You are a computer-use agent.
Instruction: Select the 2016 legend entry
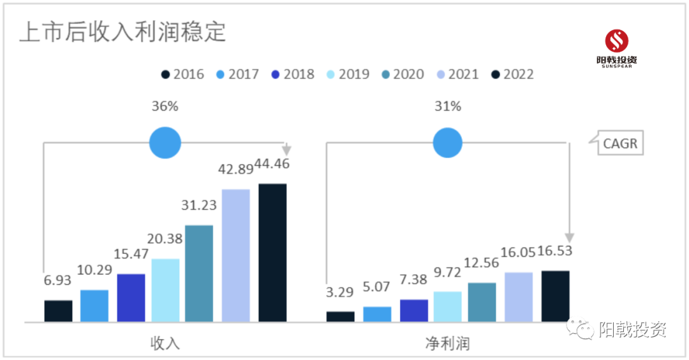(182, 74)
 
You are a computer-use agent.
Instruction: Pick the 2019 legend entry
(348, 74)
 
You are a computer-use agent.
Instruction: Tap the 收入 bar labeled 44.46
(272, 253)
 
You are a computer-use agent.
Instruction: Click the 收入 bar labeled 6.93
(58, 311)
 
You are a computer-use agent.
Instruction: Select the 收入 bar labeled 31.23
(199, 273)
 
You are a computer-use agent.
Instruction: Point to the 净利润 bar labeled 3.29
(340, 317)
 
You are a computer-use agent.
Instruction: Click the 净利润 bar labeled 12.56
(482, 302)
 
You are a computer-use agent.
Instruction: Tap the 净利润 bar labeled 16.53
(555, 296)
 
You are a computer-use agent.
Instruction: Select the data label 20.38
(165, 239)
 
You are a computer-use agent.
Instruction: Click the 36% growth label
(165, 107)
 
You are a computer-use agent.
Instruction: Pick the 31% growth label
(447, 107)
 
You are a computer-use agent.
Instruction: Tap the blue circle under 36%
(165, 142)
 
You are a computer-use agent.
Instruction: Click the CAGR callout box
(619, 143)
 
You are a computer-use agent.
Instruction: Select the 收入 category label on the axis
(165, 343)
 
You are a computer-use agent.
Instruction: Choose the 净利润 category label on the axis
(447, 343)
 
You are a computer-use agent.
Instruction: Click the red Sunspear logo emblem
(616, 41)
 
